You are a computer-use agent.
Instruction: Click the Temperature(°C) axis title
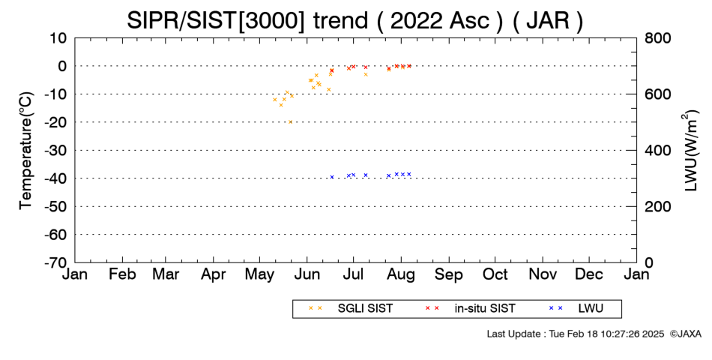coord(26,151)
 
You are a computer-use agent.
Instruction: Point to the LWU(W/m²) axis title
coord(690,151)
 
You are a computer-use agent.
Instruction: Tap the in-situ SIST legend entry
coord(470,309)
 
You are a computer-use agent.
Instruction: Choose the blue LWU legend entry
coord(576,309)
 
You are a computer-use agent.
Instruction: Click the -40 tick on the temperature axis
coord(56,178)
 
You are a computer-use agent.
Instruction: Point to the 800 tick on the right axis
coord(658,38)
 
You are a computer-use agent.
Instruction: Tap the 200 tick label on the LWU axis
coord(658,206)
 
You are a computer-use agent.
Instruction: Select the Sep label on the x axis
coord(449,274)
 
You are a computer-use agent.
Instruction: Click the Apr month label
coord(213,274)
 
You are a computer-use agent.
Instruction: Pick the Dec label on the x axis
coord(589,274)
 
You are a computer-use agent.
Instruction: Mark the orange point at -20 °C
coord(291,121)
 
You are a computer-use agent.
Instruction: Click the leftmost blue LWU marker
coord(332,177)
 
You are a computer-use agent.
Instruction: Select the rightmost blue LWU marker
coord(408,174)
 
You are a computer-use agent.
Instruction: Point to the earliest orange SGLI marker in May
coord(275,100)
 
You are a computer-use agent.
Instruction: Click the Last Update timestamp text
coord(576,334)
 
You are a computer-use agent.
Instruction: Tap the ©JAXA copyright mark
coord(686,334)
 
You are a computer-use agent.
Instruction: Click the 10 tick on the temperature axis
coord(58,38)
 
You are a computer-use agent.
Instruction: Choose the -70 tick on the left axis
coord(56,262)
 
